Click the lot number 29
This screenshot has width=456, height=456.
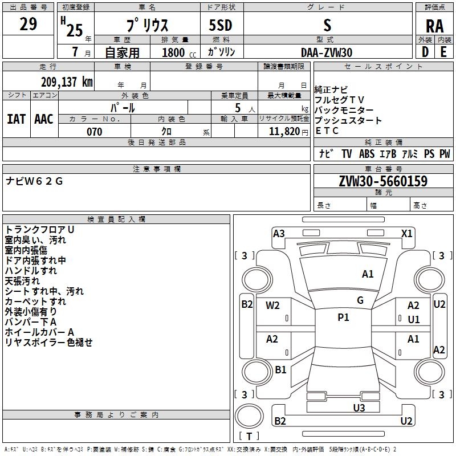click(28, 25)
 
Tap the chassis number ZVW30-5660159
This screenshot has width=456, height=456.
click(383, 182)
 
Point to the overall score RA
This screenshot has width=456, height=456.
click(434, 26)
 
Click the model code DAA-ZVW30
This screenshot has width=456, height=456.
click(327, 52)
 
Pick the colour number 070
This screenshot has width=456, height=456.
click(95, 132)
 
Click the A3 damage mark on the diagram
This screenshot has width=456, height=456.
click(279, 233)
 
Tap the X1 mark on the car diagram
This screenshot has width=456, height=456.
click(407, 233)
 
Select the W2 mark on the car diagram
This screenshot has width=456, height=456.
click(273, 305)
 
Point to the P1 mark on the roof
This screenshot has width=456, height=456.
click(343, 317)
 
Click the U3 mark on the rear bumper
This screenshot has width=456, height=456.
click(359, 408)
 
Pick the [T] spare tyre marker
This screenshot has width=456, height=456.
click(249, 436)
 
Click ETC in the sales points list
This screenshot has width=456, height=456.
click(327, 131)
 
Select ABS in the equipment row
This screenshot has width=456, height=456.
click(367, 154)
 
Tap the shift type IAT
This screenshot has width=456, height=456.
click(16, 119)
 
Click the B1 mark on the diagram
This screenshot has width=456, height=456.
click(280, 370)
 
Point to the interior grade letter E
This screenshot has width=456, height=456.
click(443, 51)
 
